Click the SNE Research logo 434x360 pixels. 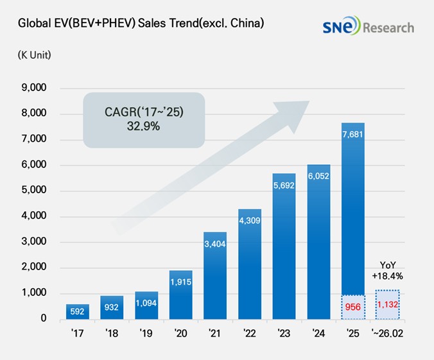tap(368, 27)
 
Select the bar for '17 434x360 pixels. tap(78, 311)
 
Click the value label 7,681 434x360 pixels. tap(353, 133)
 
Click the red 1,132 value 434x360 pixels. tap(388, 304)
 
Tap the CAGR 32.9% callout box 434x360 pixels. tap(144, 120)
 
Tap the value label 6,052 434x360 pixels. tap(318, 175)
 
